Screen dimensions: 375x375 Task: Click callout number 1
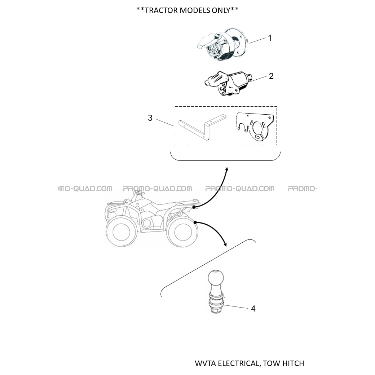[x=270, y=38]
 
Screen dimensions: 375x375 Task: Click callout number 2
[x=271, y=76]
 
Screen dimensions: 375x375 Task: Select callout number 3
[x=150, y=118]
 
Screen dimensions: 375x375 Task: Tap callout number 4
[x=253, y=309]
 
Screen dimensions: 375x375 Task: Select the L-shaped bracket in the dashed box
[x=202, y=127]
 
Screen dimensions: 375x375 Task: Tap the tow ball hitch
[x=216, y=291]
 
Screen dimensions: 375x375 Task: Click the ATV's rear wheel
[x=182, y=232]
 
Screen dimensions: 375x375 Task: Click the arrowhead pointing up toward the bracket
[x=227, y=169]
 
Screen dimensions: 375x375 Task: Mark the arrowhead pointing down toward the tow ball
[x=225, y=244]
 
